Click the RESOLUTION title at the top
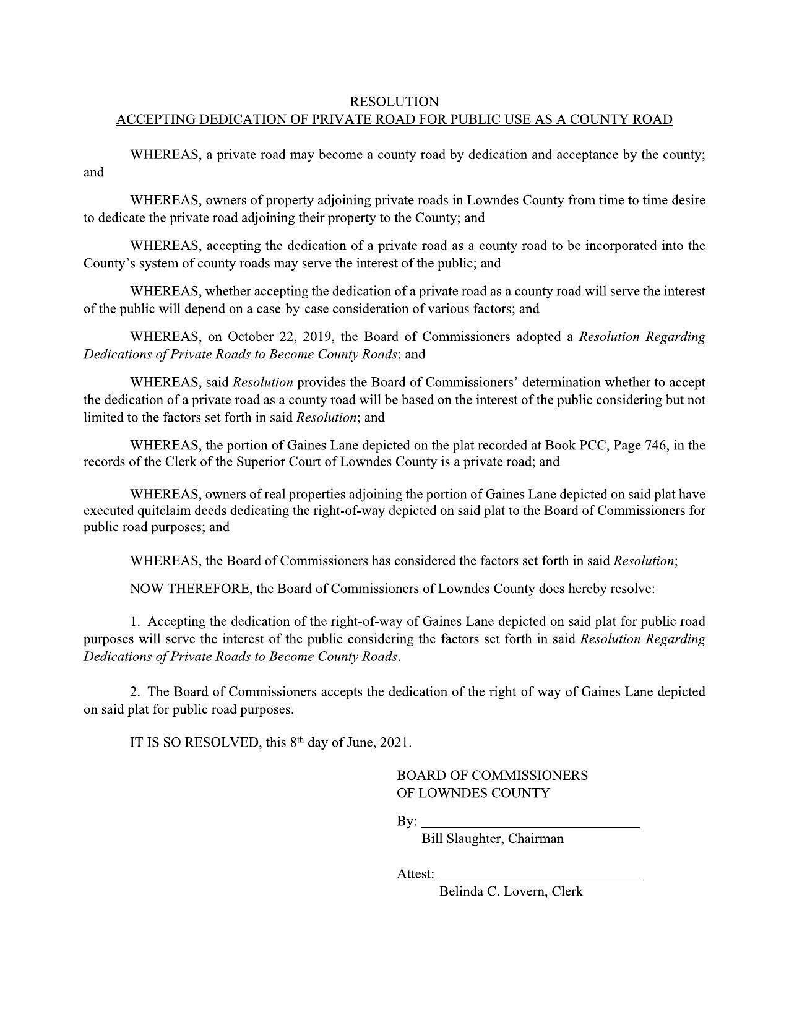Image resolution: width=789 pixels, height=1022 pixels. pos(394,102)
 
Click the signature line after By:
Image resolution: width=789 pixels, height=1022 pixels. pos(530,823)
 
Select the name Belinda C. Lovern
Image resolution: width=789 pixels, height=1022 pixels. pos(492,892)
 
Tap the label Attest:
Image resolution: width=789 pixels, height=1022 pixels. pos(415,874)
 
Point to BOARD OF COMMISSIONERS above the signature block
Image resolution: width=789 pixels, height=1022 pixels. pos(492,776)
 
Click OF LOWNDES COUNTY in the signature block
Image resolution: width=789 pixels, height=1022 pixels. pos(473,793)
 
